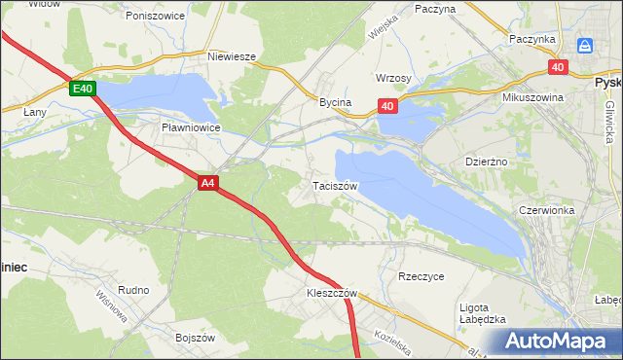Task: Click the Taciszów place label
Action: click(x=336, y=186)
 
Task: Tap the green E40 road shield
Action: click(x=83, y=89)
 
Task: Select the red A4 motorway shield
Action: click(x=207, y=182)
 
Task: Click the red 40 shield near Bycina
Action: click(x=387, y=107)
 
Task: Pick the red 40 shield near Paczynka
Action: click(x=557, y=67)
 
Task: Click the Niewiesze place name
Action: click(x=232, y=56)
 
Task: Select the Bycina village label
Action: click(x=335, y=101)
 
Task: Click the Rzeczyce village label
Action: click(x=421, y=276)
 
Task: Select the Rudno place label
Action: click(x=132, y=289)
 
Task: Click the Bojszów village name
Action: click(x=194, y=337)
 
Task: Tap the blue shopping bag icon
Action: click(x=585, y=46)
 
